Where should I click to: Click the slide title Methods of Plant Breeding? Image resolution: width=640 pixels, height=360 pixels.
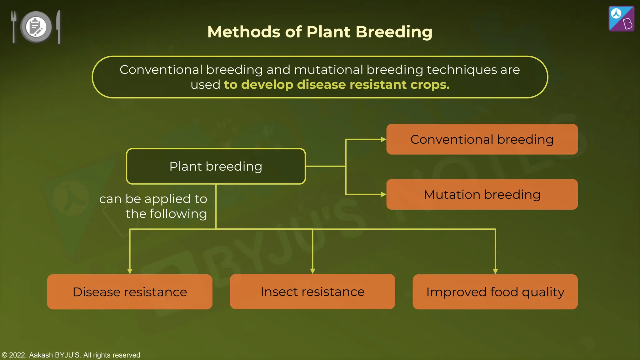pyautogui.click(x=320, y=32)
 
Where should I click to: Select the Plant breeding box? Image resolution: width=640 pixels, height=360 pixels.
pyautogui.click(x=216, y=166)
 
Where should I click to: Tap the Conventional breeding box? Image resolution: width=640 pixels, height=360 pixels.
pyautogui.click(x=482, y=139)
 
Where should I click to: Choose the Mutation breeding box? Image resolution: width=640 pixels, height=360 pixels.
pyautogui.click(x=482, y=194)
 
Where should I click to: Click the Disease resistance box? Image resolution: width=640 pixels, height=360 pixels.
pyautogui.click(x=130, y=292)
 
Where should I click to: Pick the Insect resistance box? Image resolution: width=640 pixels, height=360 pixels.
pyautogui.click(x=312, y=292)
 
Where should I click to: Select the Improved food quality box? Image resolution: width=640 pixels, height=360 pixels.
pyautogui.click(x=495, y=292)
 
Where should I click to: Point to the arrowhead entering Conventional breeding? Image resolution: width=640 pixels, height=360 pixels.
pyautogui.click(x=383, y=139)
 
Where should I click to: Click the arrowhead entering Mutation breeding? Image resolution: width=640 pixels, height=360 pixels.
pyautogui.click(x=383, y=194)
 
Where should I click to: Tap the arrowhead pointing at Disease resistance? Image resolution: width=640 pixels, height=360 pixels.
pyautogui.click(x=130, y=271)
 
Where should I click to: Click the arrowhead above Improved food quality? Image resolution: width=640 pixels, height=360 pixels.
pyautogui.click(x=495, y=271)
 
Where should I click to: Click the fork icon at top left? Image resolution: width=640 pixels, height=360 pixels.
pyautogui.click(x=13, y=27)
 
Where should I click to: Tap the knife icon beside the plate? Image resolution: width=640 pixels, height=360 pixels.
pyautogui.click(x=58, y=27)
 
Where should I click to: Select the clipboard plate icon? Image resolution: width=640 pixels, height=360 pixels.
pyautogui.click(x=36, y=27)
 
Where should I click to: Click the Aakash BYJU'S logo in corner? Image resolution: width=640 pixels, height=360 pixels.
pyautogui.click(x=621, y=19)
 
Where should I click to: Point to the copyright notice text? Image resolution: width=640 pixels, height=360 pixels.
pyautogui.click(x=71, y=355)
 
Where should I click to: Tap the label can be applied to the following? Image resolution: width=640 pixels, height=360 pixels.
pyautogui.click(x=153, y=206)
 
